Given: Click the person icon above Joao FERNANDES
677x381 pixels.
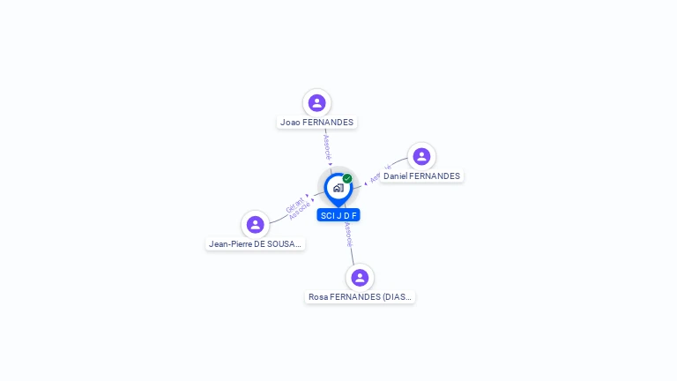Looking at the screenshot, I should pyautogui.click(x=316, y=103).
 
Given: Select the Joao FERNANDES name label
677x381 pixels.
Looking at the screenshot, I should pyautogui.click(x=316, y=123).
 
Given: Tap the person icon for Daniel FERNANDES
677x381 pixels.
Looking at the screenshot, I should pyautogui.click(x=421, y=157).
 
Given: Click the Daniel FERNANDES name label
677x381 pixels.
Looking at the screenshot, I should pyautogui.click(x=421, y=176).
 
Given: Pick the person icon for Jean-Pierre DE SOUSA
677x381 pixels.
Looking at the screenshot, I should pyautogui.click(x=255, y=224).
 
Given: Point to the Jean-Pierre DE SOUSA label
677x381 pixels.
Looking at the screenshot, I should pyautogui.click(x=255, y=243).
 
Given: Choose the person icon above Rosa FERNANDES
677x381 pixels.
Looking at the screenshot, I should pyautogui.click(x=360, y=278).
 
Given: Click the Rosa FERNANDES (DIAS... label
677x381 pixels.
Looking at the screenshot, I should pyautogui.click(x=360, y=297).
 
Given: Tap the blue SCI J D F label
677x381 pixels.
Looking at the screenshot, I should pyautogui.click(x=338, y=215).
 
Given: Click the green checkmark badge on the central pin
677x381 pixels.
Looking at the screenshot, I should pyautogui.click(x=347, y=178).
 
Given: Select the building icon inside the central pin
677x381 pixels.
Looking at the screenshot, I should pyautogui.click(x=338, y=188).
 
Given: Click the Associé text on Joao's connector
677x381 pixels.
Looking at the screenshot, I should pyautogui.click(x=326, y=146).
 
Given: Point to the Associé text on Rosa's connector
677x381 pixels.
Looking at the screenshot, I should pyautogui.click(x=348, y=233).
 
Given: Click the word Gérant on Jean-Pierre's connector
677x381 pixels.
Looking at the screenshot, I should pyautogui.click(x=294, y=205).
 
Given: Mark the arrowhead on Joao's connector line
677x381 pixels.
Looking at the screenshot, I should pyautogui.click(x=331, y=164).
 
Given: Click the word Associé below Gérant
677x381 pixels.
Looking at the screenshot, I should pyautogui.click(x=299, y=213).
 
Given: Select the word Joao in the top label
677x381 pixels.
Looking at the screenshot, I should pyautogui.click(x=291, y=123).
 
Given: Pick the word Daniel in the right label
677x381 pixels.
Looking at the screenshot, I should pyautogui.click(x=395, y=176).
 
